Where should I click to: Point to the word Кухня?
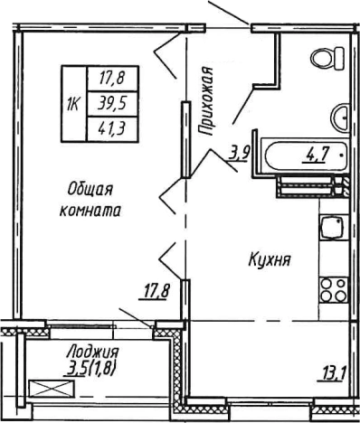(269, 260)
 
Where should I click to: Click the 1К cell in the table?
(71, 103)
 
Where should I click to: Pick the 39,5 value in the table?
(109, 103)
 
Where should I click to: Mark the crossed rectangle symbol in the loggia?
(48, 390)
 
